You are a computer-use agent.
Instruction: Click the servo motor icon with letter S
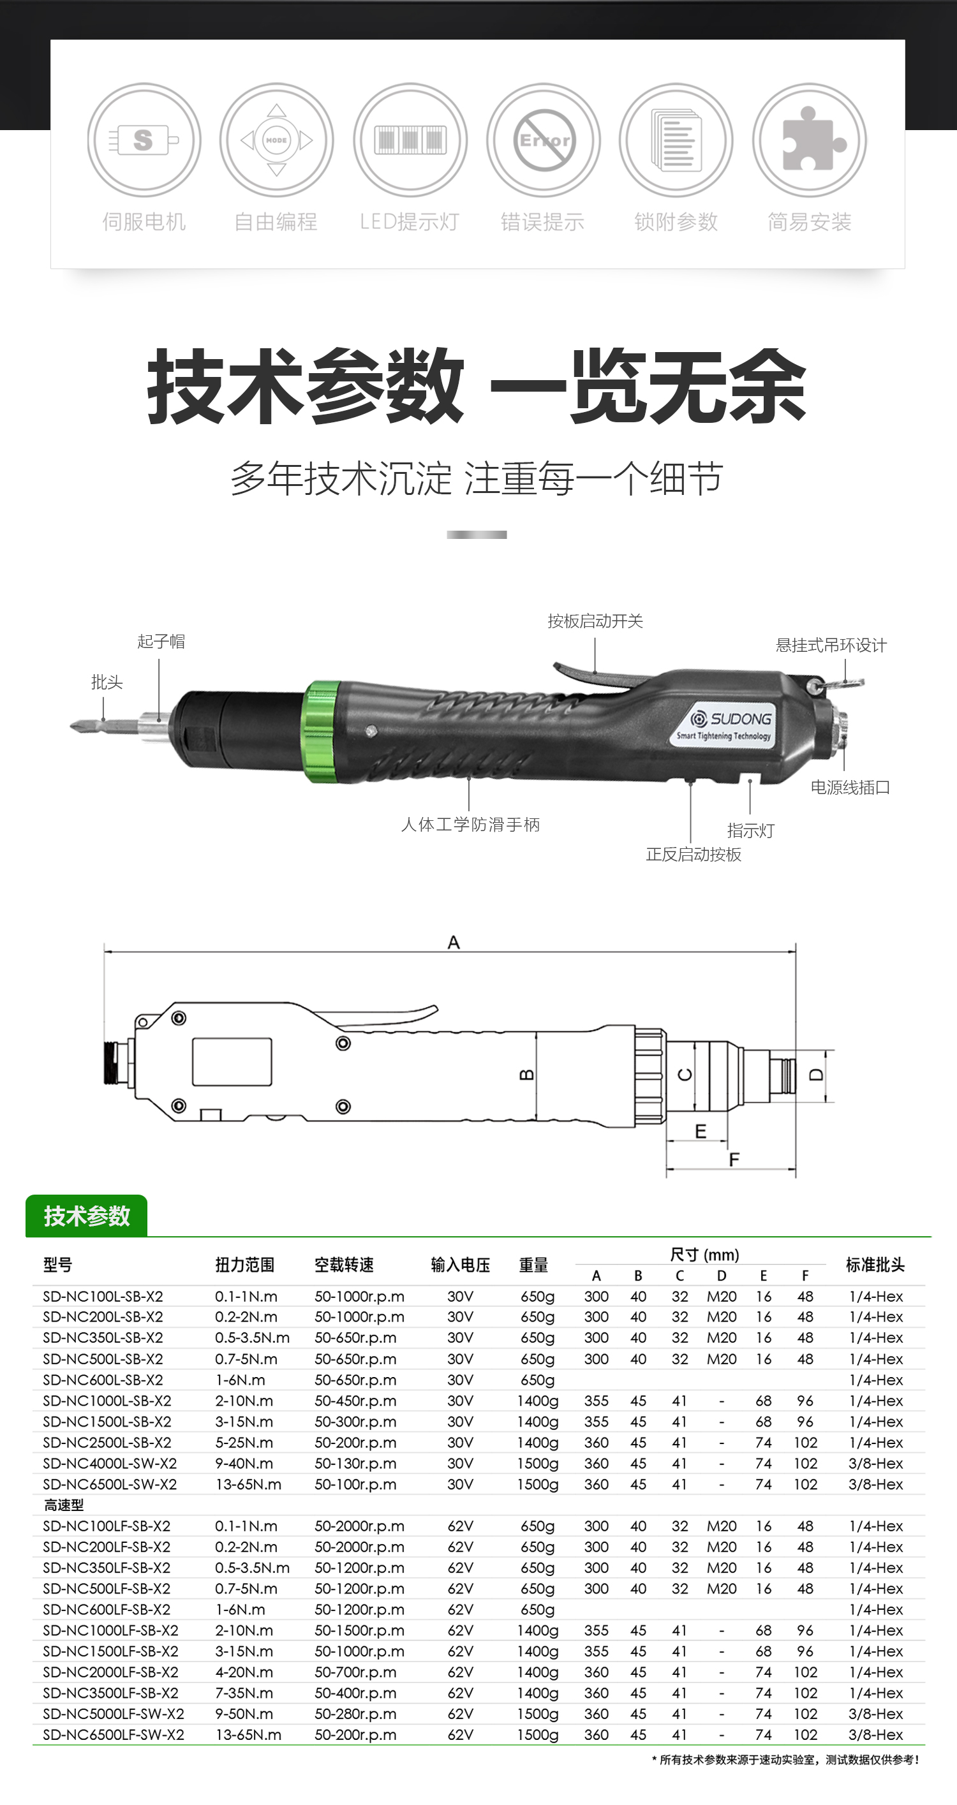coord(144,140)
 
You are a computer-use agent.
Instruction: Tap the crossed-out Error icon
coord(544,140)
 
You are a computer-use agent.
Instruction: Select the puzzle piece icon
coord(810,140)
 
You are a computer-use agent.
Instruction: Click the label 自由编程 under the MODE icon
coord(276,222)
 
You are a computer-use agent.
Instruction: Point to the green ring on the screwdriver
coord(321,731)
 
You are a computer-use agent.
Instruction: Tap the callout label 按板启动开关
coord(595,621)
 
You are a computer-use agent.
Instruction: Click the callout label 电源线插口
coord(850,788)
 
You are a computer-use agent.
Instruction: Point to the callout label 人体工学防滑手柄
coord(470,825)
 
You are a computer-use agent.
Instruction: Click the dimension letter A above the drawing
coord(454,943)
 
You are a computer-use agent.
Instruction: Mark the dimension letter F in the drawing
coord(734,1160)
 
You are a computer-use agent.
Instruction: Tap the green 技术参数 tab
coord(86,1216)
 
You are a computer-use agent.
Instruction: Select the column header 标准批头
coord(875,1265)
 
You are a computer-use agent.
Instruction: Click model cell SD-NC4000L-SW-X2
coord(110,1464)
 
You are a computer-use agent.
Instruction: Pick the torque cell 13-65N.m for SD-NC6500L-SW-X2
coord(248,1485)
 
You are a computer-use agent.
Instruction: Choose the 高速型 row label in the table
coord(64,1505)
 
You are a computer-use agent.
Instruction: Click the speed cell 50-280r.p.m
coord(355,1714)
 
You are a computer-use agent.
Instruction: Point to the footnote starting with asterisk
coord(785,1760)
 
